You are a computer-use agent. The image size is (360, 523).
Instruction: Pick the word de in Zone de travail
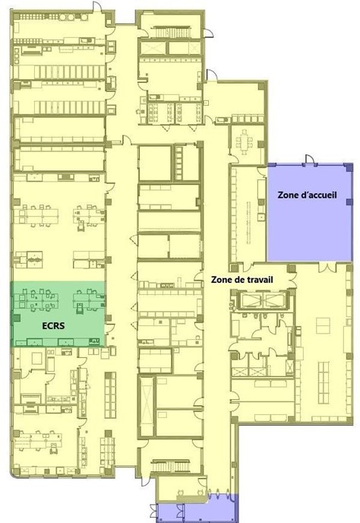238,280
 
